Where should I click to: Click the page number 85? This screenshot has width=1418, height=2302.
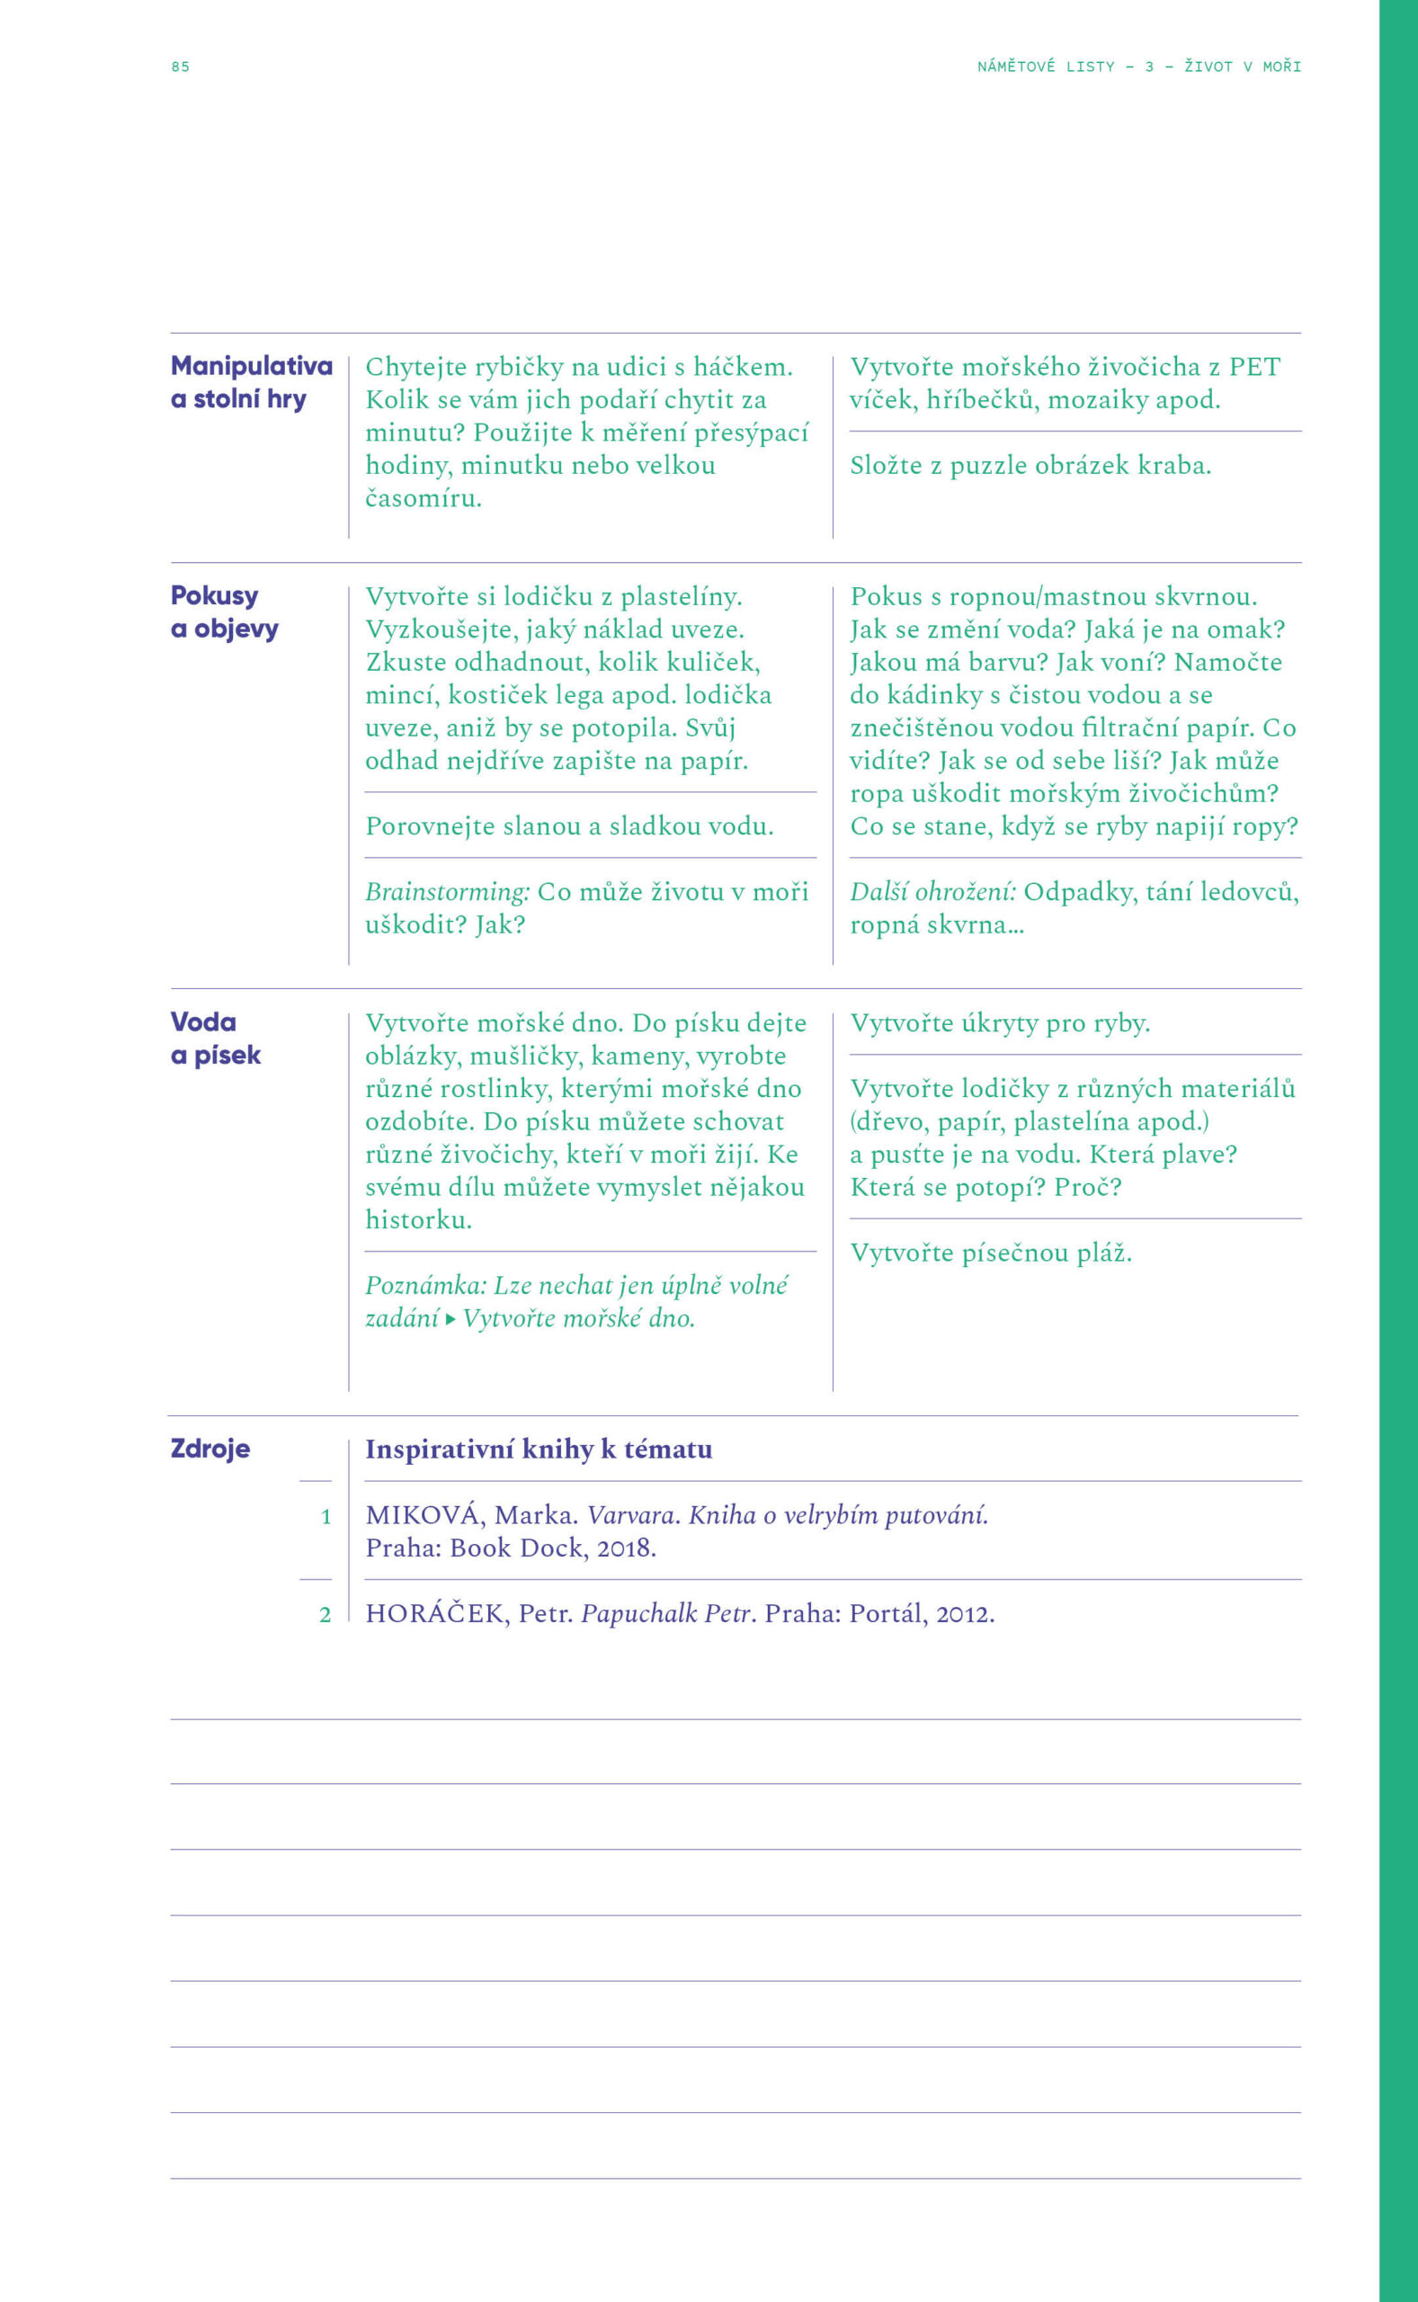(x=180, y=67)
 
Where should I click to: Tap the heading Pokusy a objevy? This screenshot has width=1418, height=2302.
(x=224, y=611)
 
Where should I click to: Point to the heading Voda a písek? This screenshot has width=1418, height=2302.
(x=215, y=1038)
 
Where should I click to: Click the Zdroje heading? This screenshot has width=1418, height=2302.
(x=210, y=1448)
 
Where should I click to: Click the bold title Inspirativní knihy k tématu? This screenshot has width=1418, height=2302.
(x=539, y=1449)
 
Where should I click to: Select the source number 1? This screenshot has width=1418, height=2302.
(x=326, y=1516)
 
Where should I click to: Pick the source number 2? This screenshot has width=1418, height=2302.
(x=326, y=1615)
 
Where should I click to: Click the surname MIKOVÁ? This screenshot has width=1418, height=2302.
(x=424, y=1514)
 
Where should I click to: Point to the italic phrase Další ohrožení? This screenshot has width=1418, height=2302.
(x=932, y=891)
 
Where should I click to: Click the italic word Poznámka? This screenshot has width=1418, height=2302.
(x=426, y=1285)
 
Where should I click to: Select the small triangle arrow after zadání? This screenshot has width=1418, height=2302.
(x=451, y=1319)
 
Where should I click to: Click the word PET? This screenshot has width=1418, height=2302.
(x=1253, y=367)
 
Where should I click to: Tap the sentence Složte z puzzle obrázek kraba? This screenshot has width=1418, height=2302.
(x=1030, y=465)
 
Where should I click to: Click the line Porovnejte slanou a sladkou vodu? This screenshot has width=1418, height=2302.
(x=569, y=826)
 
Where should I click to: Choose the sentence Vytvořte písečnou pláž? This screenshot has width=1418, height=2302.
(x=990, y=1253)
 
